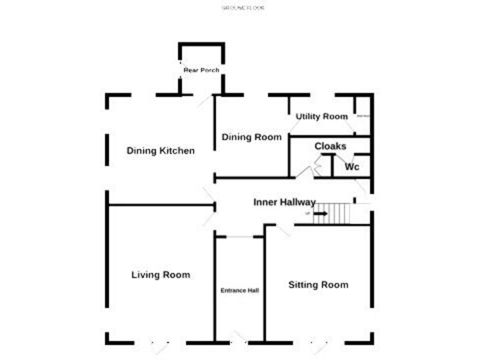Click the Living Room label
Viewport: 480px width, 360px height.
point(161,274)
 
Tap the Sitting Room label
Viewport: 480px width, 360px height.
point(318,284)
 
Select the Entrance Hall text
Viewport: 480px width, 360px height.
point(239,290)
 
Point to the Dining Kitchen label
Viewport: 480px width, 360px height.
point(161,151)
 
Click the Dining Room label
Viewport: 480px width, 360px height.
point(252,137)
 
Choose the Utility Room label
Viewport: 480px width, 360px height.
point(322,116)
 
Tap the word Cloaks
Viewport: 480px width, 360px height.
point(330,146)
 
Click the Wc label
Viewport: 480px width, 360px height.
point(352,167)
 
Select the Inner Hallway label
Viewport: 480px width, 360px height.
point(284,202)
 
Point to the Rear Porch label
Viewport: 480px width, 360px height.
point(201,70)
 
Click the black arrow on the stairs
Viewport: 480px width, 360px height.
point(320,214)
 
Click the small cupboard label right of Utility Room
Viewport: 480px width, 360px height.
point(363,116)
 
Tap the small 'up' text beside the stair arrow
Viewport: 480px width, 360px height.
point(307,214)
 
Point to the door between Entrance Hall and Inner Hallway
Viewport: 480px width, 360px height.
point(239,237)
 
